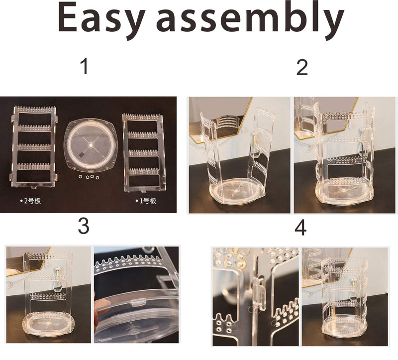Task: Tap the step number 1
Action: (85, 66)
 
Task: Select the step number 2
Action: (302, 68)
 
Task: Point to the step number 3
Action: (84, 227)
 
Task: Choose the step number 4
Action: (300, 228)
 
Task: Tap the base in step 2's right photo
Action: (343, 190)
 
